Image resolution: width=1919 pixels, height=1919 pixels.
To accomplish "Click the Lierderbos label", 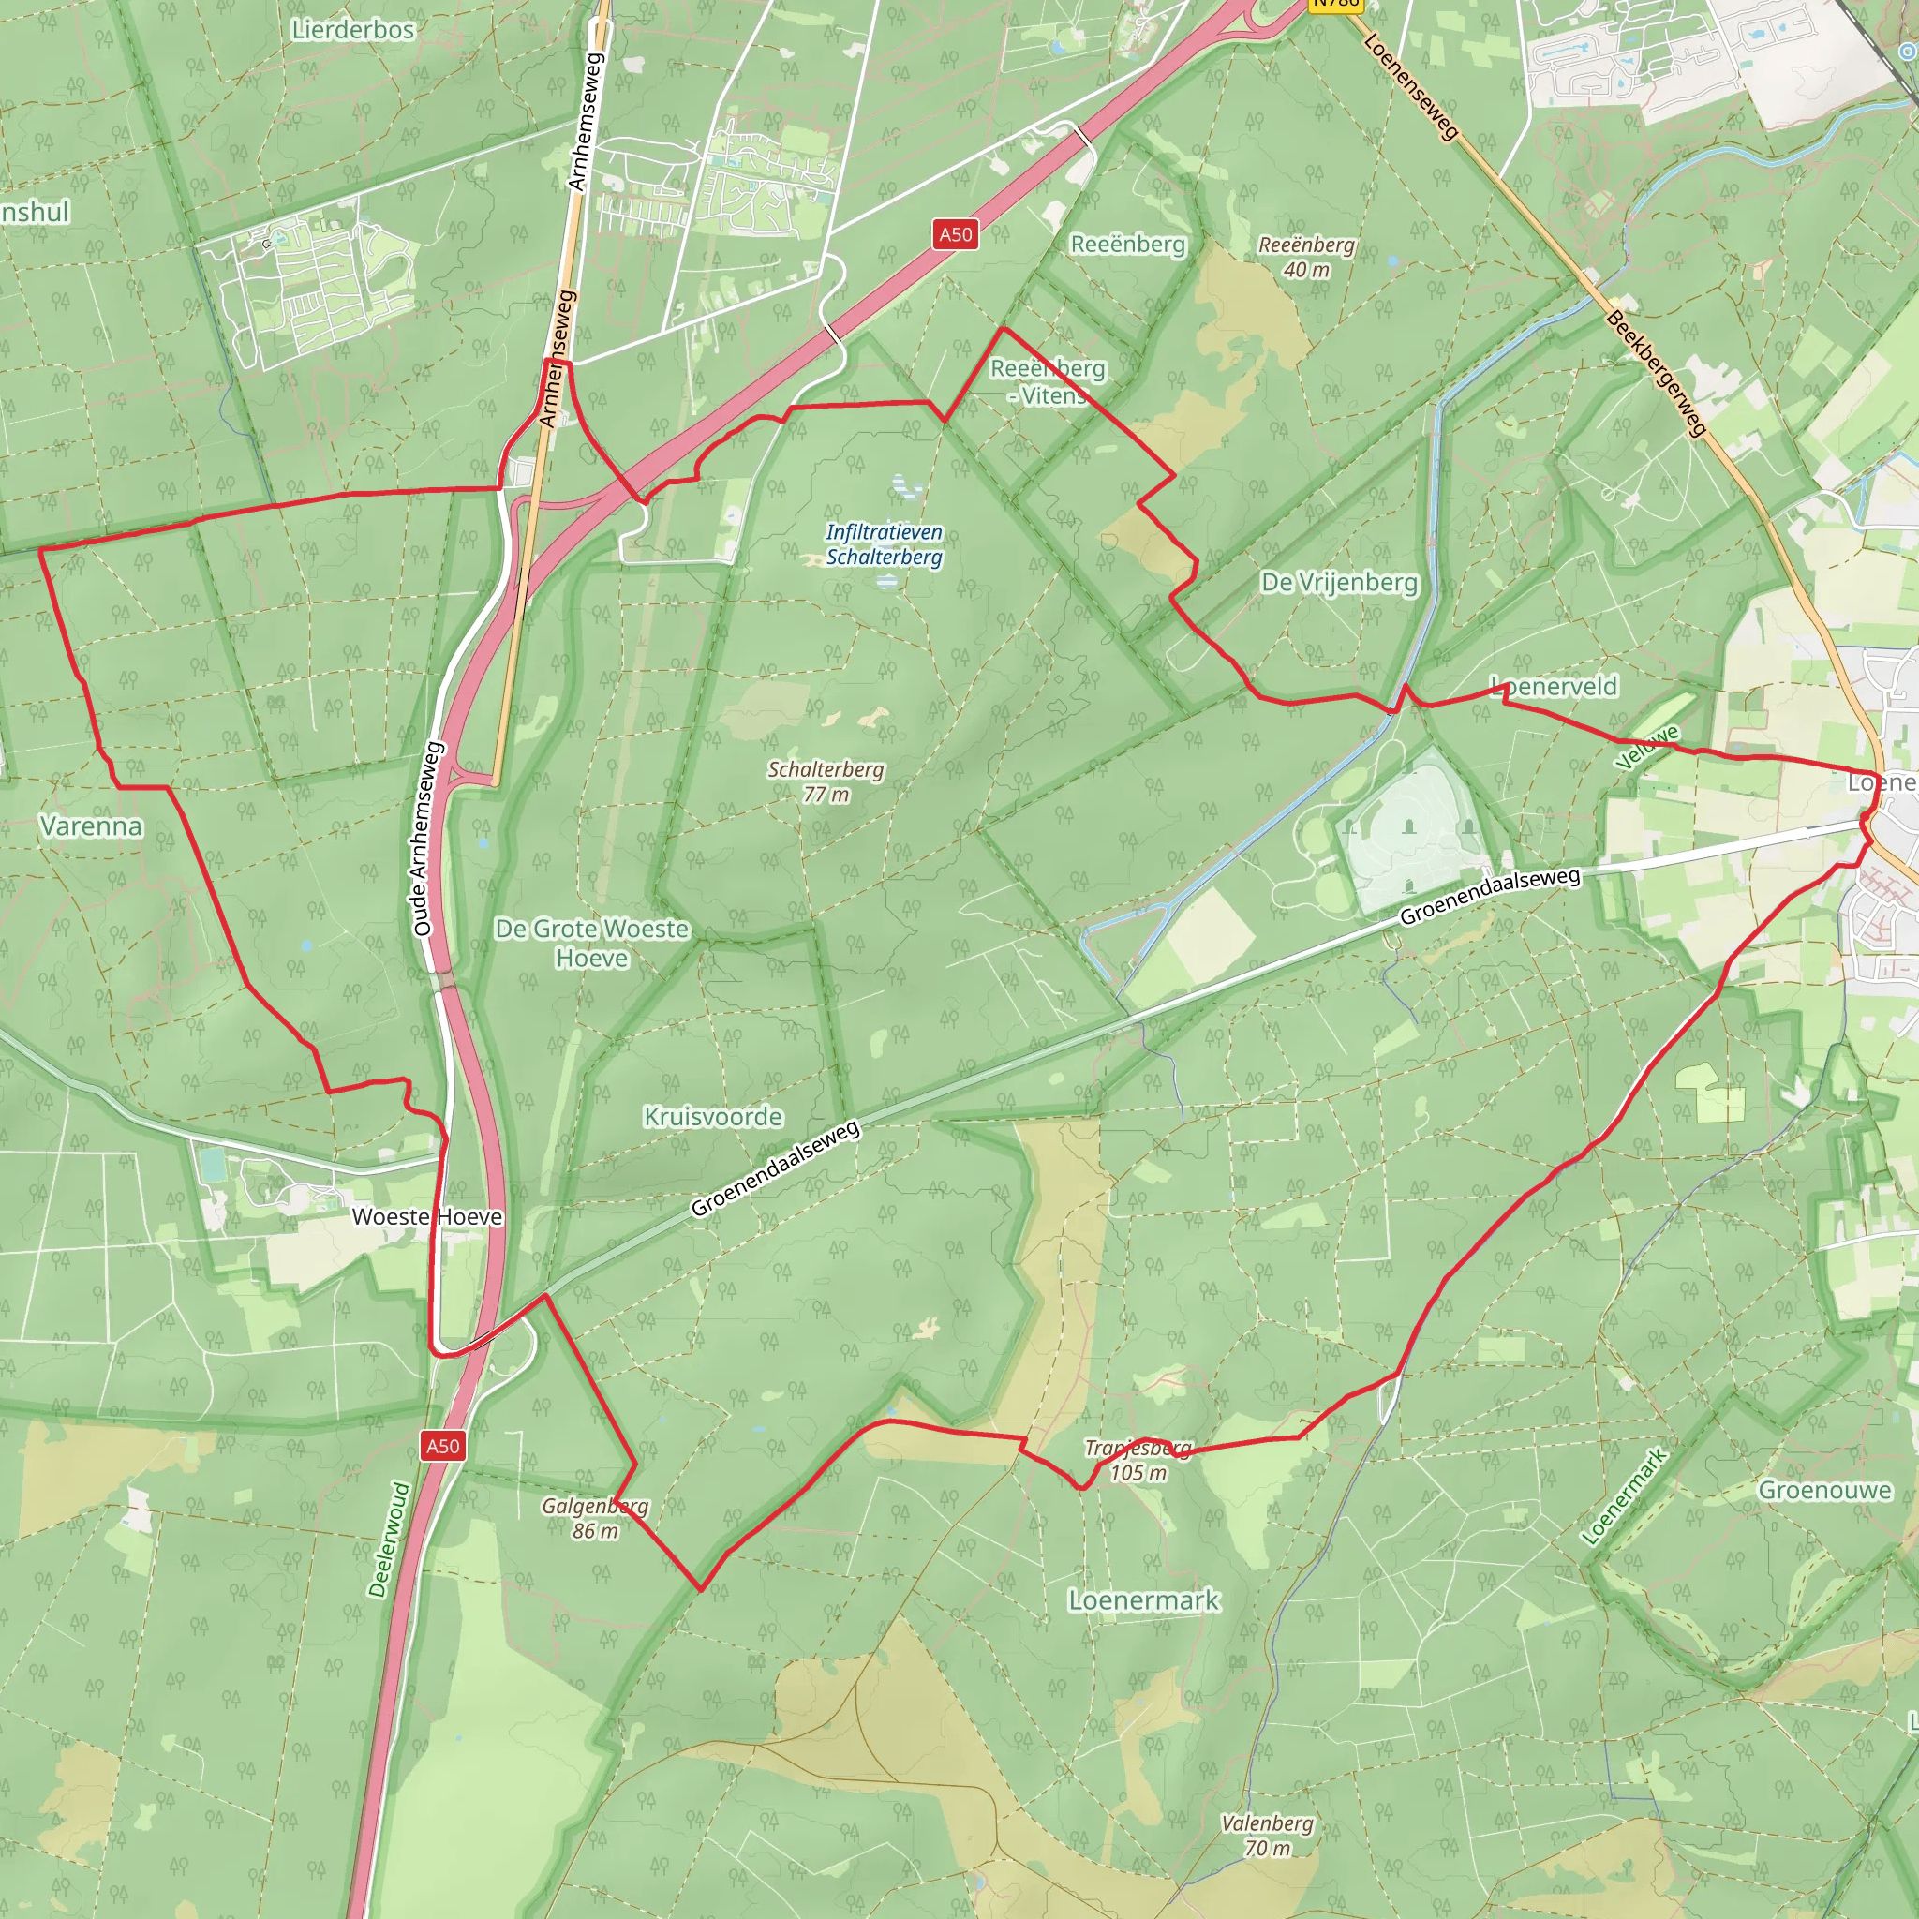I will pos(352,30).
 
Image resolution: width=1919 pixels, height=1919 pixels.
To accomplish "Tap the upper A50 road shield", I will pos(956,234).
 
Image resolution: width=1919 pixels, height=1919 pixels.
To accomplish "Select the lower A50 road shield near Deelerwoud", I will pos(442,1445).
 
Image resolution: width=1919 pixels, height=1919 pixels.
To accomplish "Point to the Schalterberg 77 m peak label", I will pos(826,781).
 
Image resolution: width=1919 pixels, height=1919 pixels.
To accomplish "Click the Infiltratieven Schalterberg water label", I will pos(884,544).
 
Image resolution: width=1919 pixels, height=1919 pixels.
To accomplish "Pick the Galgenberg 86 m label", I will pos(595,1518).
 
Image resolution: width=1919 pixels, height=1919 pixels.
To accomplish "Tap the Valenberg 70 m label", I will pos(1267,1835).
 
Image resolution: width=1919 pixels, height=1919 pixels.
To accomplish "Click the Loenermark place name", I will pos(1143,1599).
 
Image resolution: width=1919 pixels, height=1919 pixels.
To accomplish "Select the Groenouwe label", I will pos(1824,1490).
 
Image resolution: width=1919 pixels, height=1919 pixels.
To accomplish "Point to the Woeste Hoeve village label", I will pos(427,1217).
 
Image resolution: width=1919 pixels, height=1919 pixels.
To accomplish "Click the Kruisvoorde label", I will pos(713,1116).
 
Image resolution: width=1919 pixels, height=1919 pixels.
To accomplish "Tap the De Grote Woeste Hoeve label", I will pos(592,943).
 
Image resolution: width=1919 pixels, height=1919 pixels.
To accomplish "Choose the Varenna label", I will pos(92,826).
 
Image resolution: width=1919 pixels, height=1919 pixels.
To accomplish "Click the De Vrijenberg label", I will pos(1339,582).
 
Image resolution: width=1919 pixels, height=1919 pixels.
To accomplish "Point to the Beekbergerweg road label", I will pos(1656,374).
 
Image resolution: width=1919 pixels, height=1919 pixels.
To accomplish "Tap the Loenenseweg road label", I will pos(1410,85).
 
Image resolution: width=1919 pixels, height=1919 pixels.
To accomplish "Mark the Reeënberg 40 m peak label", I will pos(1306,256).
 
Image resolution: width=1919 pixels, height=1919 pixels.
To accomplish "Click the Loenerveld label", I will pos(1555,686).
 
